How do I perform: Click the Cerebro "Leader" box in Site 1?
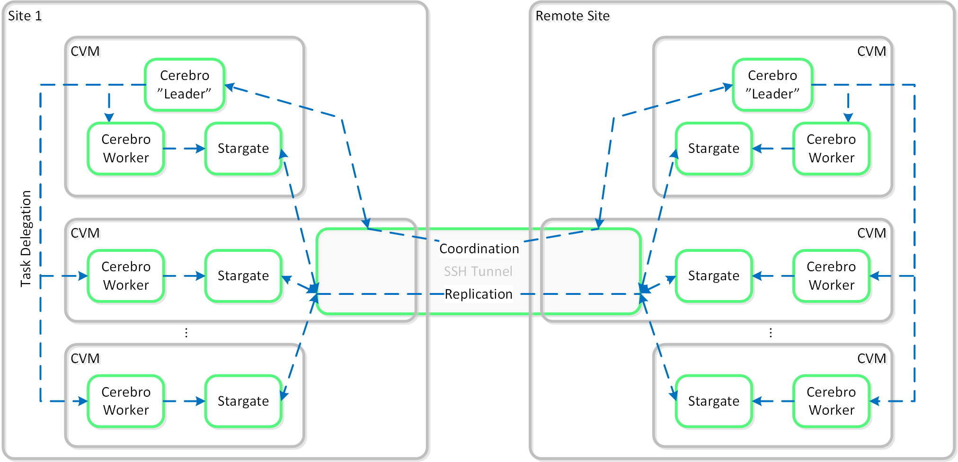pyautogui.click(x=185, y=85)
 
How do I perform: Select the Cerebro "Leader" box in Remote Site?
pyautogui.click(x=772, y=85)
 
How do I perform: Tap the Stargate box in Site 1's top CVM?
pyautogui.click(x=243, y=149)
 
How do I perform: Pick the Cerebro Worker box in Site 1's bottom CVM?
pyautogui.click(x=126, y=401)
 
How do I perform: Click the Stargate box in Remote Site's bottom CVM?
pyautogui.click(x=713, y=401)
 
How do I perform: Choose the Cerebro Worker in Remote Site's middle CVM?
pyautogui.click(x=831, y=276)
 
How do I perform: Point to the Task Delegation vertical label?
pyautogui.click(x=26, y=239)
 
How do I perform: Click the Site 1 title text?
pyautogui.click(x=25, y=16)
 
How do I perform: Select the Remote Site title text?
pyautogui.click(x=572, y=16)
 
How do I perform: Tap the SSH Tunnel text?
pyautogui.click(x=478, y=271)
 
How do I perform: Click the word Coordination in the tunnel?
pyautogui.click(x=479, y=249)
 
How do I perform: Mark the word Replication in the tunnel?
pyautogui.click(x=479, y=294)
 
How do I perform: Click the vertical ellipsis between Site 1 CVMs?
pyautogui.click(x=186, y=333)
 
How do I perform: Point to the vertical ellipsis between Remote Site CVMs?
pyautogui.click(x=771, y=333)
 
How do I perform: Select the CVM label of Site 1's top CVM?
pyautogui.click(x=85, y=51)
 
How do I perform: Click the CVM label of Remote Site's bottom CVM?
pyautogui.click(x=871, y=358)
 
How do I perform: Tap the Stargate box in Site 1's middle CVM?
pyautogui.click(x=243, y=276)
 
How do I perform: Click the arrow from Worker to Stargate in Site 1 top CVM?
pyautogui.click(x=185, y=149)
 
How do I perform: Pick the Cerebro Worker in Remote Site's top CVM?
pyautogui.click(x=831, y=149)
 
